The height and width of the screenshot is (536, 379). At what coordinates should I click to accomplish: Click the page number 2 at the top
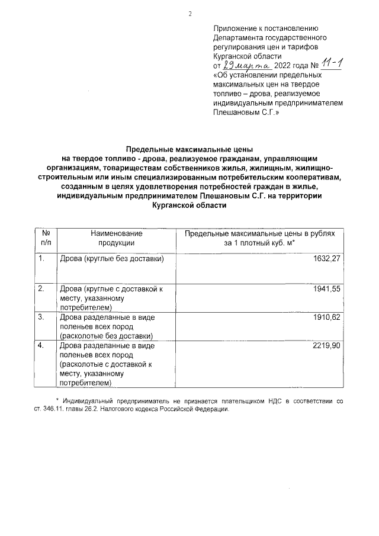coord(190,13)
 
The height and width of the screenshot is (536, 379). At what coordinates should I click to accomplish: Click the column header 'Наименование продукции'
coord(117,238)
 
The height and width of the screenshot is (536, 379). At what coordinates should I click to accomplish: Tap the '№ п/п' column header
coord(46,238)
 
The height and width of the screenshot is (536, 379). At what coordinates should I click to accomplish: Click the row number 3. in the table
coord(41,317)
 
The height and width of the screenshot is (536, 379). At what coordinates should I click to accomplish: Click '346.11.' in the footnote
coord(60,409)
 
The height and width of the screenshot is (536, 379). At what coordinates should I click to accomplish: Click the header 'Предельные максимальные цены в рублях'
coord(259,234)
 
